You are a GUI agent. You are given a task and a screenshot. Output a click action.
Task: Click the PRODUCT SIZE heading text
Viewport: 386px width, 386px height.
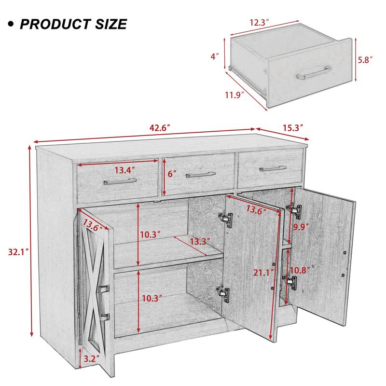point(73,24)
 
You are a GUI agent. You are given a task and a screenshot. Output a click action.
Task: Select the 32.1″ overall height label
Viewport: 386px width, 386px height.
point(16,251)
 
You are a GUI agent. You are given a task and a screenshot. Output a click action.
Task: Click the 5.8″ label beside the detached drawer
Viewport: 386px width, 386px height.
point(365,60)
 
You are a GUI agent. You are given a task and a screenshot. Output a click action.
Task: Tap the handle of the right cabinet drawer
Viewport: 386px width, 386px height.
point(273,168)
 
